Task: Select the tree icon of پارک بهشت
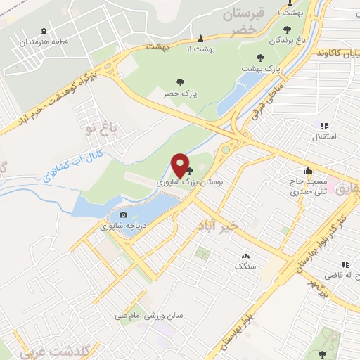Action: pos(260,58)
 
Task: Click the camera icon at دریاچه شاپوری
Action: pos(124,215)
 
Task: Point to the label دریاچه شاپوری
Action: pos(116,226)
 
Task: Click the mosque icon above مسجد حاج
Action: pos(308,169)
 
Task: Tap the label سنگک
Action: pos(245,266)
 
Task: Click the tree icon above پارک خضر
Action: pos(181,82)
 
